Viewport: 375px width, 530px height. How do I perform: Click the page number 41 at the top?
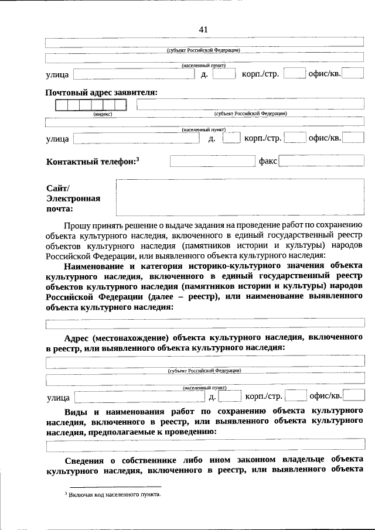(203, 29)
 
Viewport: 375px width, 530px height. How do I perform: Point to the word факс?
(268, 160)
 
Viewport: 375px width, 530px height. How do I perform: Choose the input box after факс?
(322, 160)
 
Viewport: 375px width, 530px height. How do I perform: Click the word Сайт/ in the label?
(57, 187)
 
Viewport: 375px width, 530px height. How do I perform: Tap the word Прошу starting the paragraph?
(77, 224)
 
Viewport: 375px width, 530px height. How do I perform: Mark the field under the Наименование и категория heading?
(205, 322)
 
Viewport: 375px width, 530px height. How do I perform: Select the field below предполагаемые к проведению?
(205, 446)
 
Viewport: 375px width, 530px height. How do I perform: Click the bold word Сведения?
(85, 459)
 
